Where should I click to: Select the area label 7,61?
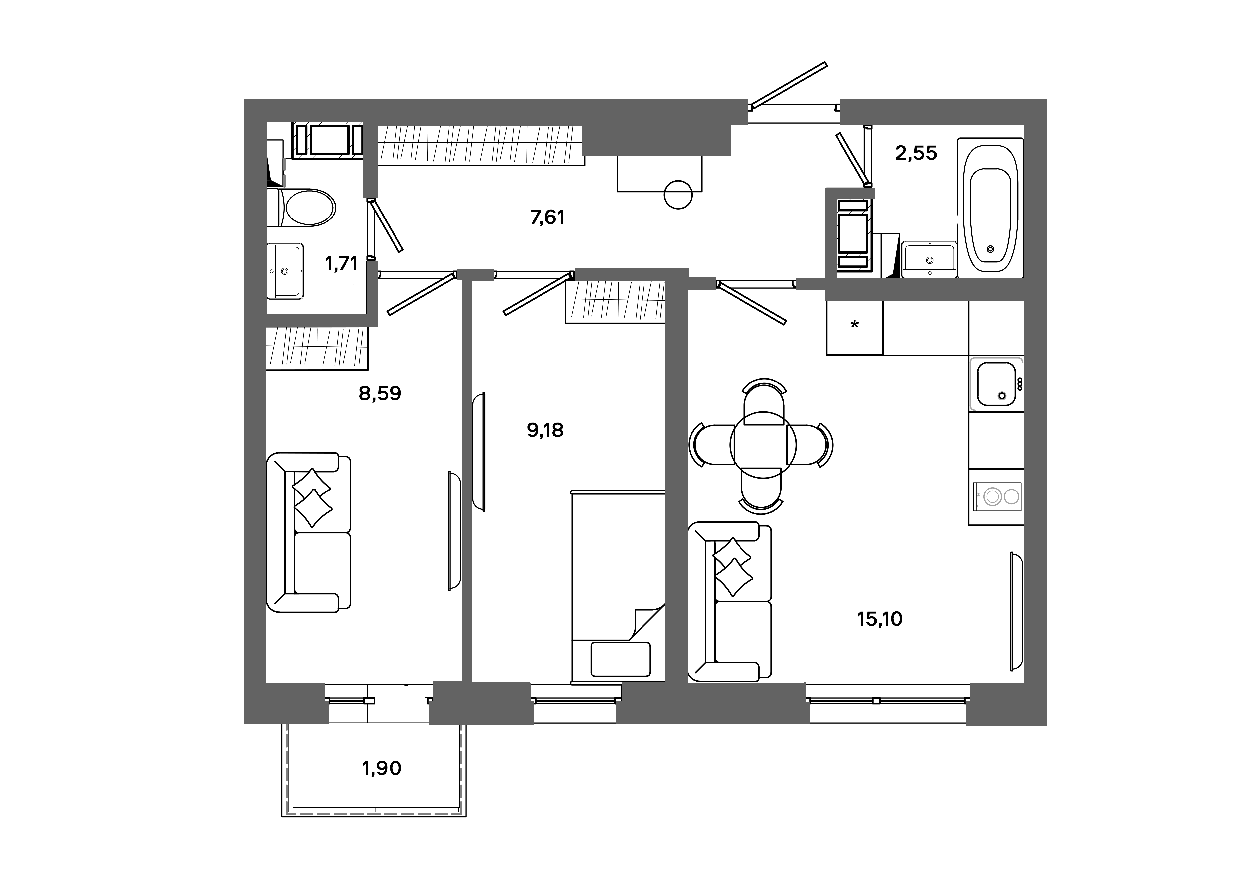547,217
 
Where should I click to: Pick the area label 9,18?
545,430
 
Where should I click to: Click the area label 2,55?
916,153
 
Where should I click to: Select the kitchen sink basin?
995,383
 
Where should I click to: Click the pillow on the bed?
620,659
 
